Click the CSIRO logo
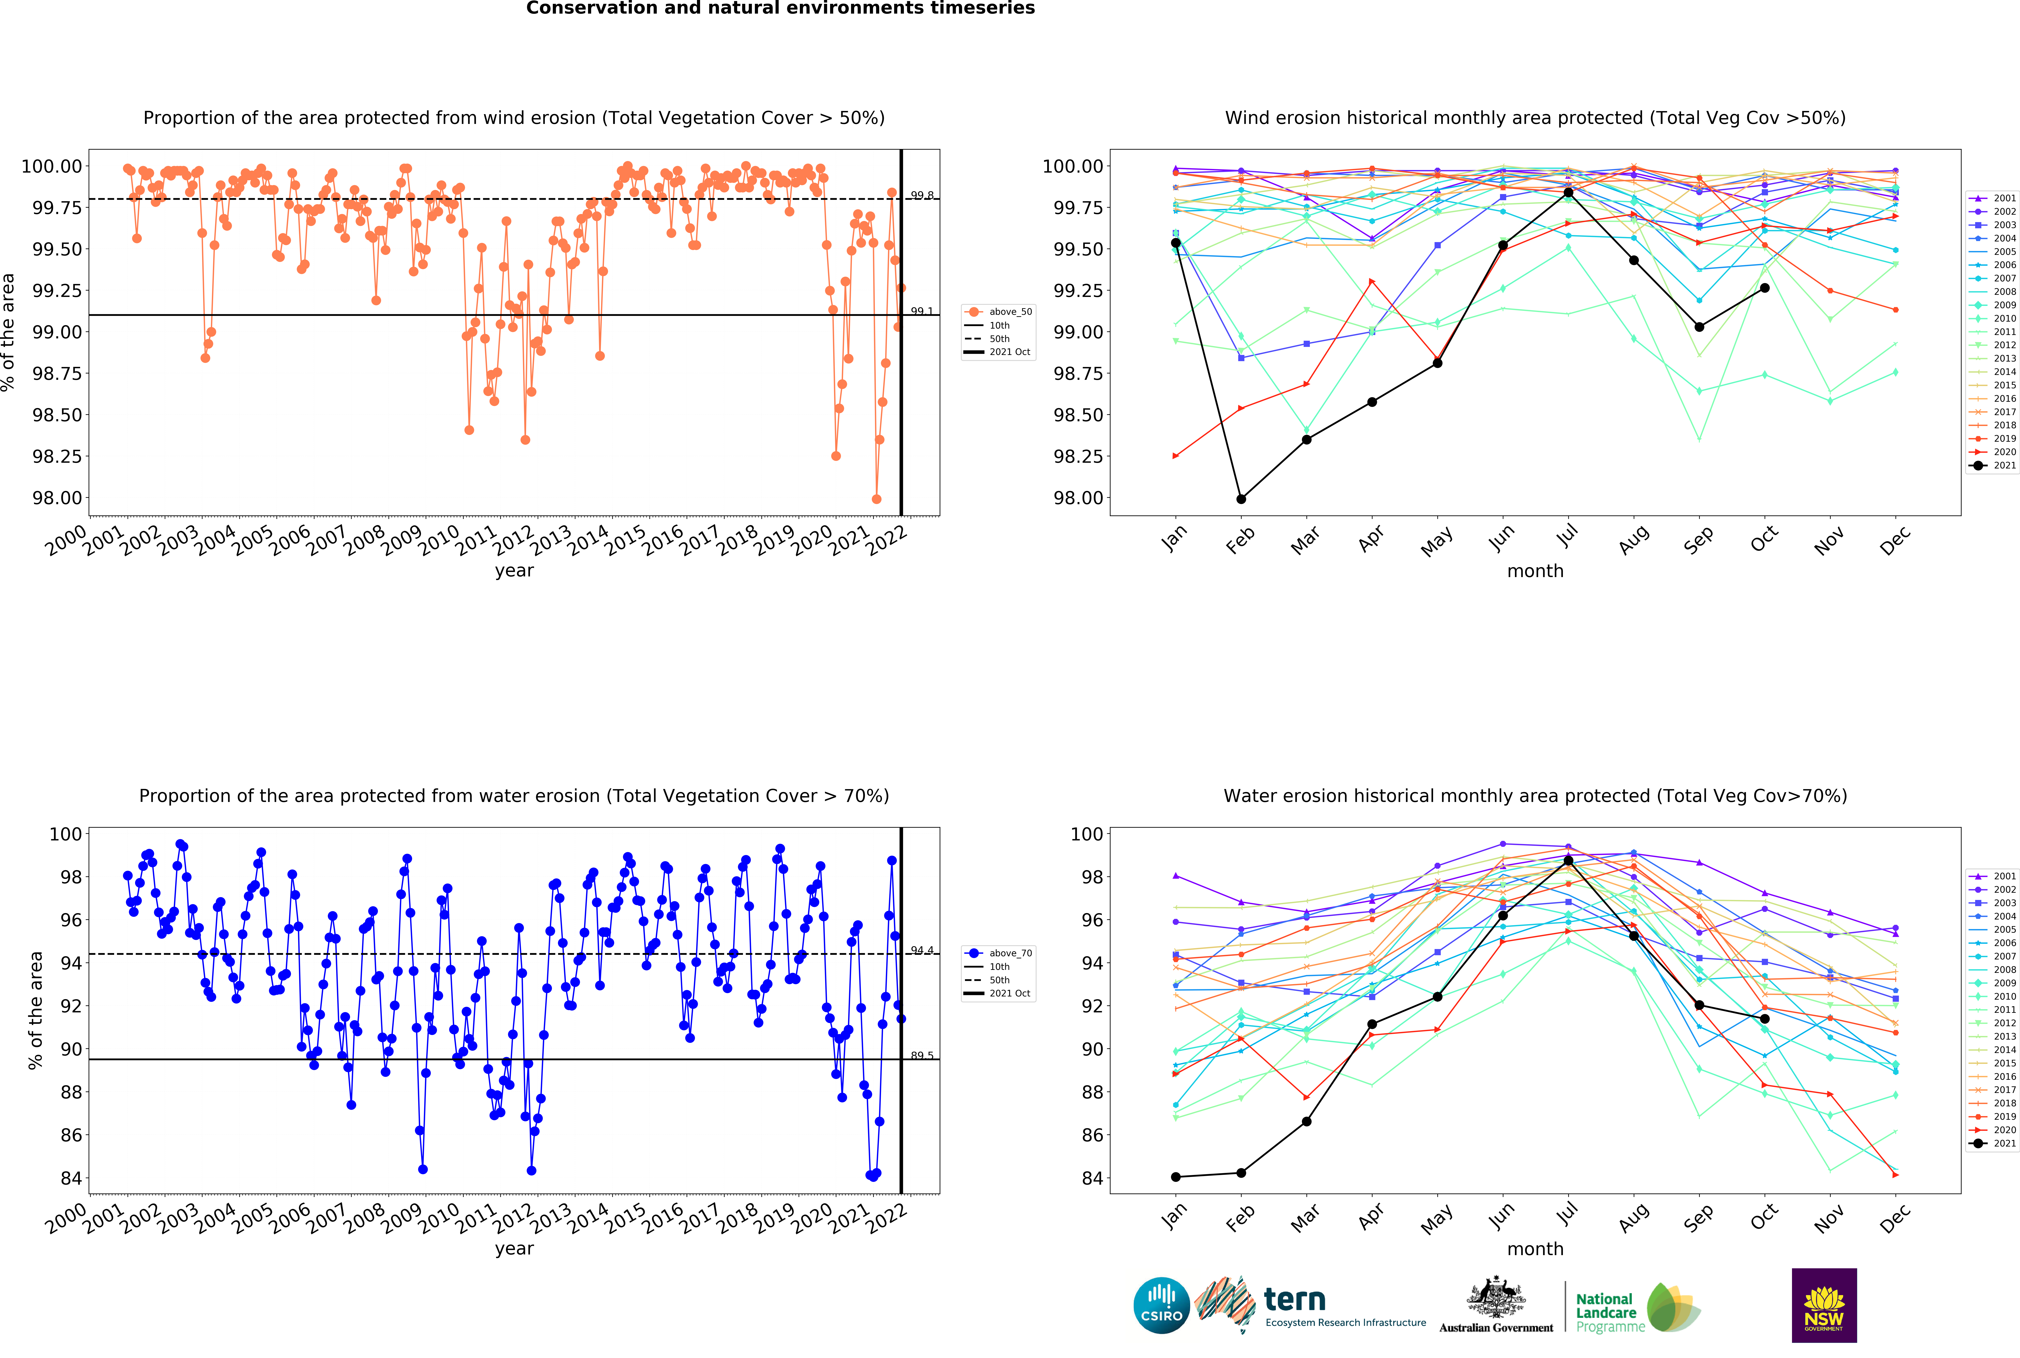click(x=1161, y=1305)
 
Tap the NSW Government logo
click(x=1823, y=1305)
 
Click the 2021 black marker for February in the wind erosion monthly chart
click(x=1241, y=499)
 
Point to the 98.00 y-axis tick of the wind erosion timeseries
click(x=57, y=498)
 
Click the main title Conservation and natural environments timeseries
click(x=780, y=9)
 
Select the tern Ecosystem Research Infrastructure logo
click(x=1309, y=1305)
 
